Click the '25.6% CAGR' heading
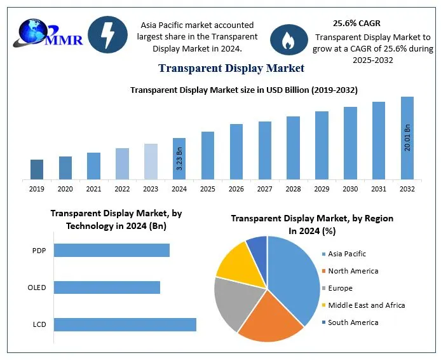pyautogui.click(x=356, y=24)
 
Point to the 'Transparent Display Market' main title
pyautogui.click(x=231, y=68)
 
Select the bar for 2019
pyautogui.click(x=37, y=169)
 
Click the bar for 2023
pyautogui.click(x=151, y=161)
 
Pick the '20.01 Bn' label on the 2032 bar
pyautogui.click(x=407, y=137)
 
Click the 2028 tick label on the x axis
pyautogui.click(x=293, y=188)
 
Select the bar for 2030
pyautogui.click(x=350, y=142)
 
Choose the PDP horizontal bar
pyautogui.click(x=111, y=250)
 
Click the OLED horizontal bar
pyautogui.click(x=107, y=287)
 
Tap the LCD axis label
pyautogui.click(x=39, y=325)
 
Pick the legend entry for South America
pyautogui.click(x=352, y=322)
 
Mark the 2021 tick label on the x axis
pyautogui.click(x=93, y=188)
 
